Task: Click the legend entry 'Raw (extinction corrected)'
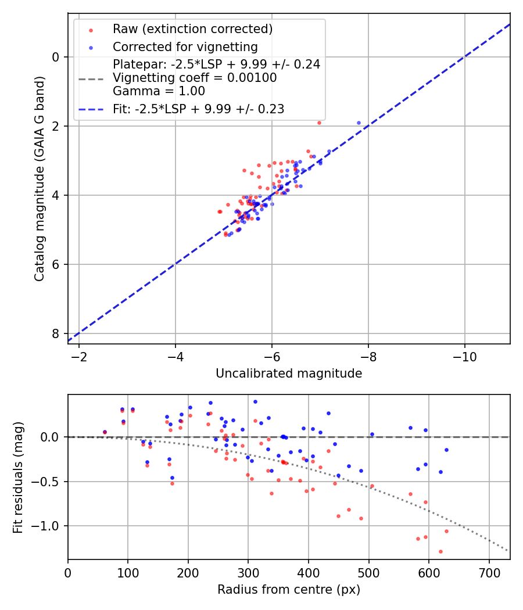point(192,29)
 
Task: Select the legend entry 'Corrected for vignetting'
point(185,46)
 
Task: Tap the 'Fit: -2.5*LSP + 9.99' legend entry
point(198,109)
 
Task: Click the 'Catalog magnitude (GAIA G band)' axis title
point(40,181)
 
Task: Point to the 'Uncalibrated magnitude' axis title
point(289,374)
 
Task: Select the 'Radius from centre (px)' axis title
point(289,590)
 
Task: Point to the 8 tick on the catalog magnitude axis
point(56,333)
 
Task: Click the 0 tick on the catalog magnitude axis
point(56,57)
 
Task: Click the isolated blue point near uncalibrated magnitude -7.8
point(359,123)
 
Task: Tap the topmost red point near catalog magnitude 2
point(319,123)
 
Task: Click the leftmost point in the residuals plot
point(105,432)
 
